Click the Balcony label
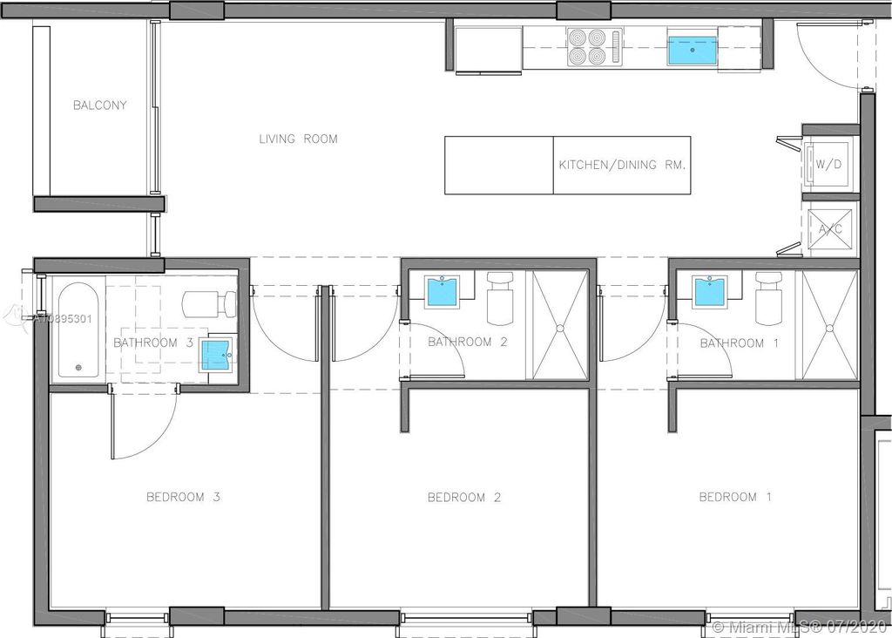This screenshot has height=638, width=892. click(99, 105)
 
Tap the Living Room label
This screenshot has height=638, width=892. click(298, 139)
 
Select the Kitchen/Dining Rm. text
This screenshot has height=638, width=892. click(622, 165)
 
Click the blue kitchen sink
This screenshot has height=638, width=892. click(693, 50)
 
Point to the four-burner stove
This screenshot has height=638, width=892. click(595, 47)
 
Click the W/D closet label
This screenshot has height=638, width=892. click(828, 165)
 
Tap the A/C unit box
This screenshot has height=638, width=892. click(830, 229)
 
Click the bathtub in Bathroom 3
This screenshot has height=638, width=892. click(78, 330)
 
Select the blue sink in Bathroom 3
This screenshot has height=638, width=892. click(216, 355)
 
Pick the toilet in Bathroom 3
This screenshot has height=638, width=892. click(209, 304)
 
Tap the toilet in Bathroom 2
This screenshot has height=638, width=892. click(500, 298)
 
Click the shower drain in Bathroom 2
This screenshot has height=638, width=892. click(560, 329)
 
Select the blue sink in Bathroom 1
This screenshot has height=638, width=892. click(709, 291)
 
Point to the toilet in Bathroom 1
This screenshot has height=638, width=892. click(768, 298)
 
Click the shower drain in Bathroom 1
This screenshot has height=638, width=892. click(829, 329)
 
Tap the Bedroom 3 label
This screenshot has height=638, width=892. click(183, 497)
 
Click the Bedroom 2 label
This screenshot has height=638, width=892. click(464, 498)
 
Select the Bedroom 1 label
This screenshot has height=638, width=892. click(735, 497)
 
